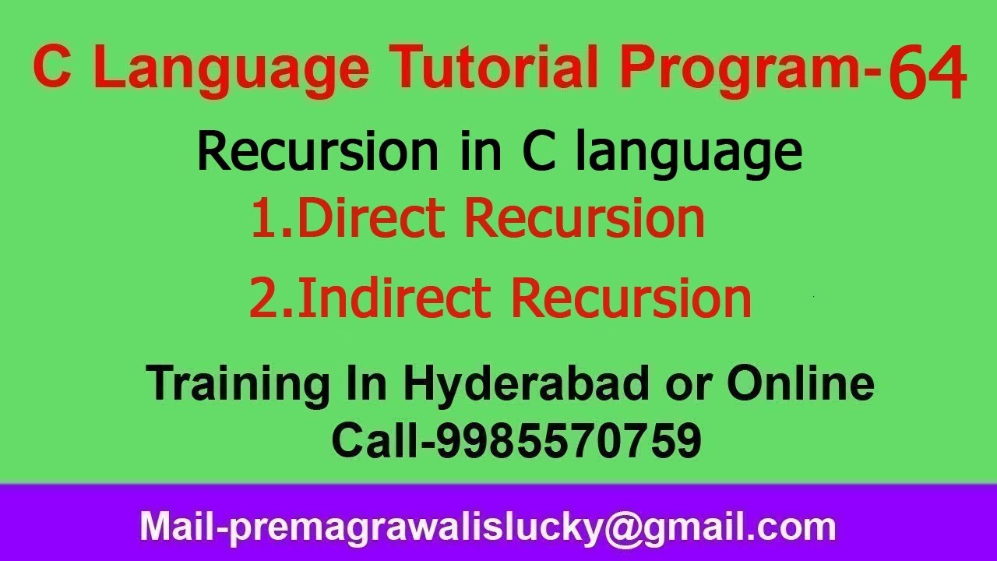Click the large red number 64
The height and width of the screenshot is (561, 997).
pyautogui.click(x=927, y=74)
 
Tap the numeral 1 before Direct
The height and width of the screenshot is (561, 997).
pyautogui.click(x=263, y=219)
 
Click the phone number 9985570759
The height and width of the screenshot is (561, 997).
pyautogui.click(x=568, y=441)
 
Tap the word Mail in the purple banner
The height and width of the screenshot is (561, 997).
pyautogui.click(x=175, y=527)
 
